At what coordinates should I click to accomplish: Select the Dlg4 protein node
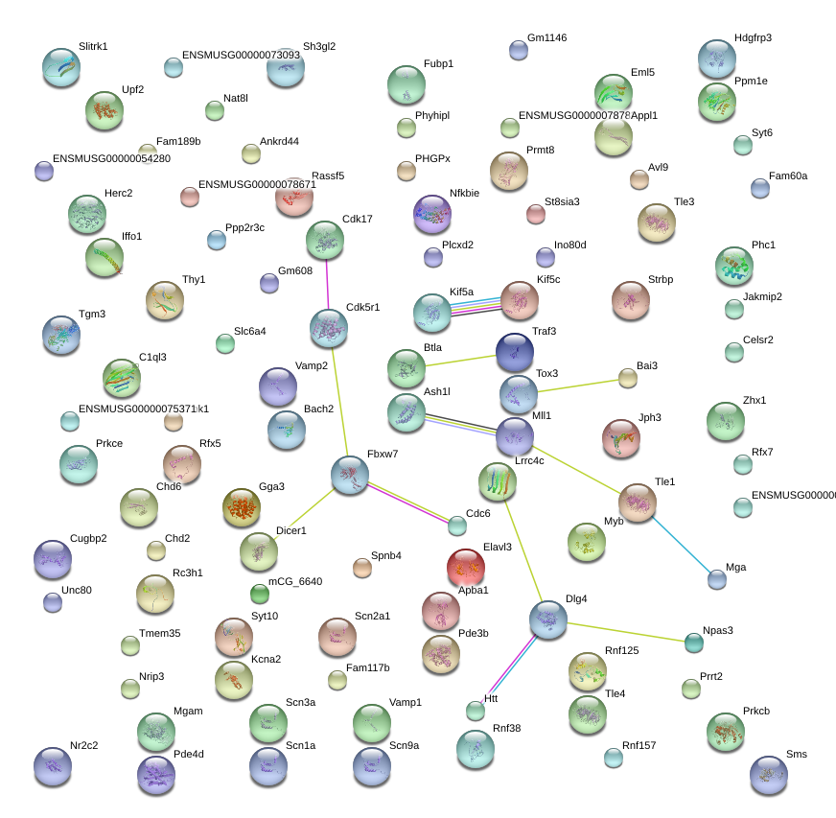[547, 620]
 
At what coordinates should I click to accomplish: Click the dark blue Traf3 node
[515, 352]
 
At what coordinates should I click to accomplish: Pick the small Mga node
[717, 578]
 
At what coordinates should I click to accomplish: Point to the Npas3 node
[694, 643]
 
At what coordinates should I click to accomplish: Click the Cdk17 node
[325, 240]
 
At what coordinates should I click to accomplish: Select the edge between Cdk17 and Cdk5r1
[327, 285]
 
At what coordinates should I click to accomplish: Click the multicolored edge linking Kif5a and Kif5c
[476, 306]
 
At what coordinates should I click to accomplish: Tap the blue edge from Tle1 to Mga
[685, 546]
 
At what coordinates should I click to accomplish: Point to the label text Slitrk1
[93, 46]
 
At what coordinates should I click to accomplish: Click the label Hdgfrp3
[753, 38]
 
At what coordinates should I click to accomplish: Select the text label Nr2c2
[84, 745]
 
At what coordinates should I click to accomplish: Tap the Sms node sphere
[768, 774]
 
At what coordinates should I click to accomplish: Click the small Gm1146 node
[519, 51]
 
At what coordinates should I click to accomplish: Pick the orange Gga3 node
[241, 507]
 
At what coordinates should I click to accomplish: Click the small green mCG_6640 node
[260, 594]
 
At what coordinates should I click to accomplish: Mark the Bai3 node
[627, 379]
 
